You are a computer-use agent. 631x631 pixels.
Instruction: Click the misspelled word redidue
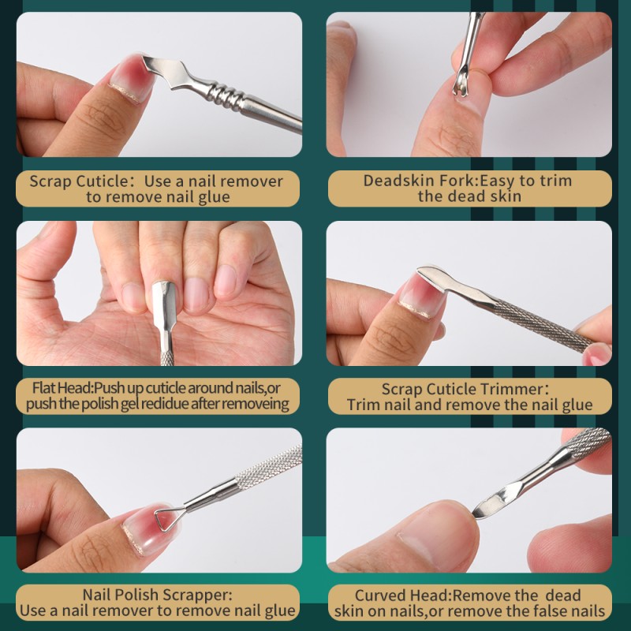179,405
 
